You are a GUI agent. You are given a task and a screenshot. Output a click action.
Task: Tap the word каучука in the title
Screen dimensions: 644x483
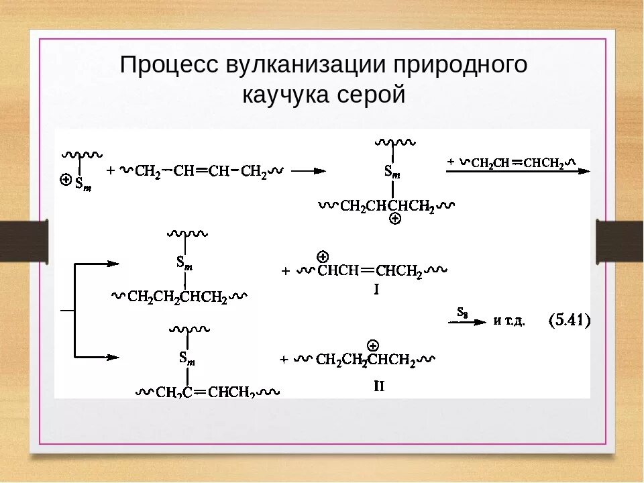[x=286, y=95]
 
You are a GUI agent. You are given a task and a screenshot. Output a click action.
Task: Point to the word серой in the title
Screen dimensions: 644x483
[x=371, y=95]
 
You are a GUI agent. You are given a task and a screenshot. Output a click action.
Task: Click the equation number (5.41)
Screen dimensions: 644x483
[x=570, y=321]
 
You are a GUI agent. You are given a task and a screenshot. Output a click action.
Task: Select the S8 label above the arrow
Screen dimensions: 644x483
[x=462, y=311]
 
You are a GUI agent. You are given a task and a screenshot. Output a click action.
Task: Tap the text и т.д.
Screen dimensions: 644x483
[x=509, y=321]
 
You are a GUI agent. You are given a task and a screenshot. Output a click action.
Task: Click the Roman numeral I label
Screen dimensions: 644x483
[x=376, y=290]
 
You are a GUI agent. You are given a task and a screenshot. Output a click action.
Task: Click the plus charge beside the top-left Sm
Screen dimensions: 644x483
[x=66, y=180]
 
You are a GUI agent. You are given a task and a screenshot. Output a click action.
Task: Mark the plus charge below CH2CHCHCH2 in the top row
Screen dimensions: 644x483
[x=394, y=219]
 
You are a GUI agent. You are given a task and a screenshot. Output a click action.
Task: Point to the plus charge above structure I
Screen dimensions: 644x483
[x=322, y=256]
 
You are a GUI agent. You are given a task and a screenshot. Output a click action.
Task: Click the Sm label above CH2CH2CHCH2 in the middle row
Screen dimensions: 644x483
[x=185, y=262]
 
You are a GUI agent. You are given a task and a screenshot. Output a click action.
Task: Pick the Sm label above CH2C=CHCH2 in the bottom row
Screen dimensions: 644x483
[x=187, y=358]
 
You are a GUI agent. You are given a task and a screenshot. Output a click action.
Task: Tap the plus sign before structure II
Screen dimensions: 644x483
[x=284, y=360]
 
